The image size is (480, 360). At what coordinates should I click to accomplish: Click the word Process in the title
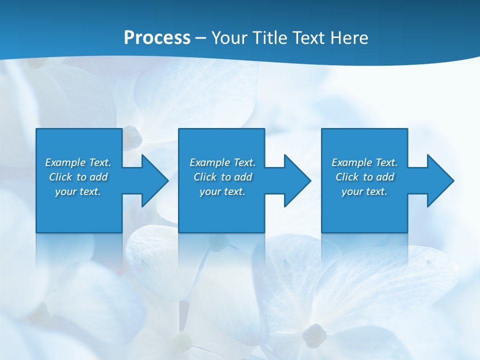(157, 38)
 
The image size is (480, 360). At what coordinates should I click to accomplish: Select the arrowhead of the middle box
(298, 180)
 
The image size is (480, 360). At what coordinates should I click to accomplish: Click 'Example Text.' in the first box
(78, 162)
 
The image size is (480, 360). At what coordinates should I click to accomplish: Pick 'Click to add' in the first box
(78, 177)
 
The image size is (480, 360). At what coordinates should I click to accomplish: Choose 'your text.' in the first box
(78, 191)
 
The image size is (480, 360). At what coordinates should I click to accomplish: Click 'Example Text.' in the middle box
(222, 162)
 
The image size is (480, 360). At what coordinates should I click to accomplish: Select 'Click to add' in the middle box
(222, 177)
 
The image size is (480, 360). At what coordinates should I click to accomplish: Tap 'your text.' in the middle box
(222, 191)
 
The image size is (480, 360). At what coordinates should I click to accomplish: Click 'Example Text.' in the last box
(364, 162)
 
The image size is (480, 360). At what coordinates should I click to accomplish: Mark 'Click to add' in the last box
(364, 177)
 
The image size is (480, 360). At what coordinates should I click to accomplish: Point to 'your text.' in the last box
(364, 191)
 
